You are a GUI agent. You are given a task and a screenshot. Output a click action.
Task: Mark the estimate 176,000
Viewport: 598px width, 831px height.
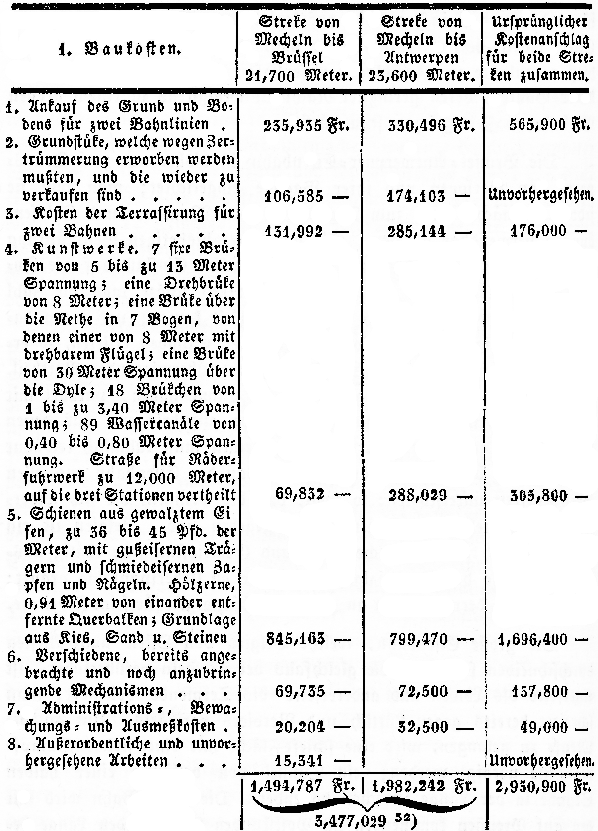point(531,232)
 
